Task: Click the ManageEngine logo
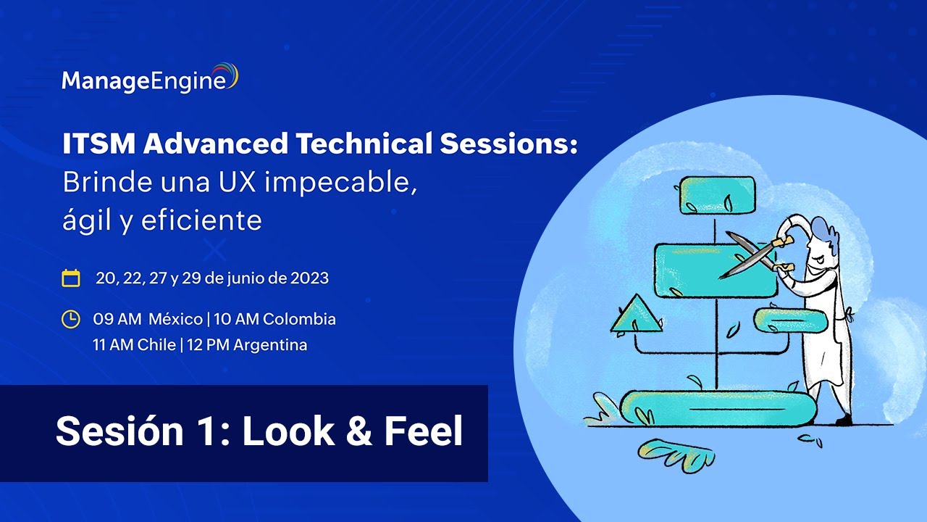point(149,79)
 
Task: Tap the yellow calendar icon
point(71,278)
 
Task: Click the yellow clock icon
point(71,319)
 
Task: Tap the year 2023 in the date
point(309,278)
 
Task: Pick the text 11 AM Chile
point(134,345)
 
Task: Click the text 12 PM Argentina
point(247,345)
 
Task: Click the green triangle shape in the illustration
point(636,316)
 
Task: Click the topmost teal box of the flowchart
point(716,195)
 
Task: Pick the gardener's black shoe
point(844,420)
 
